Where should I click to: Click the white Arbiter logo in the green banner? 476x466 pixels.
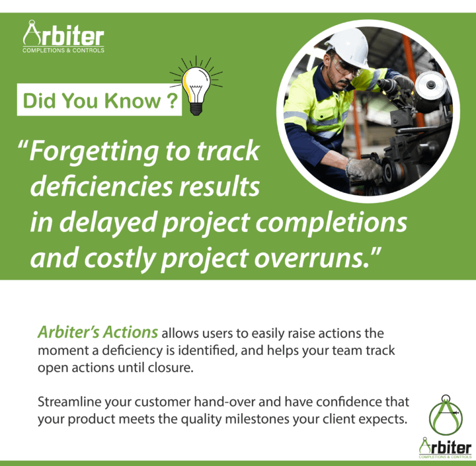coord(63,37)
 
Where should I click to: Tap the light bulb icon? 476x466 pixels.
coord(196,86)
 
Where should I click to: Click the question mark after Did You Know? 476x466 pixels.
coord(172,100)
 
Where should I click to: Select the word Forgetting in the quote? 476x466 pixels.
coord(94,152)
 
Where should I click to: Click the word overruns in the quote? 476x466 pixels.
coord(312,258)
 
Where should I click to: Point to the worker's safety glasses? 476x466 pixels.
coord(346,67)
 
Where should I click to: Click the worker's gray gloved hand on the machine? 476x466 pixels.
coord(364,169)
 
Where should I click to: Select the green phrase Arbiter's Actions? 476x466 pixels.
coord(98,332)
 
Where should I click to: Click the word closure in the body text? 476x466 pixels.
coord(171,368)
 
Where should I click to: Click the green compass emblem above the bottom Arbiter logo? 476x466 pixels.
coord(446,414)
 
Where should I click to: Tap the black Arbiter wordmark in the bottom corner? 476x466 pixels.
coord(446,447)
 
